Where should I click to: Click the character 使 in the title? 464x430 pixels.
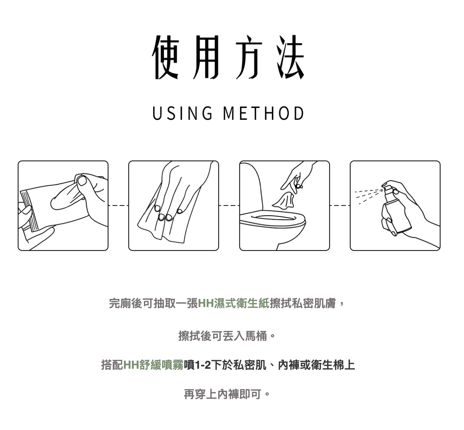pos(166,57)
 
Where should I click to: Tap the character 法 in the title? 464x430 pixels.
pos(290,57)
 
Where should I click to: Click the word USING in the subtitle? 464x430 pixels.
pos(183,113)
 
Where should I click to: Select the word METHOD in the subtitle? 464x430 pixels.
pos(264,113)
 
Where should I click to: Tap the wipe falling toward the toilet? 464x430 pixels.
pos(284,200)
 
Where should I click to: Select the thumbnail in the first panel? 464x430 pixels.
pos(82,181)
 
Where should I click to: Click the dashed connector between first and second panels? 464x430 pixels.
pos(119,205)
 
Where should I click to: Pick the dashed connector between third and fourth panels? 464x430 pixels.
pos(340,205)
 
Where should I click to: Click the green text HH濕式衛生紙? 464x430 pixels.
pos(234,304)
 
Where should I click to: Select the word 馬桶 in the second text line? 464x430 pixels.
pos(256,336)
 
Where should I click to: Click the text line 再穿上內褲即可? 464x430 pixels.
pos(223,395)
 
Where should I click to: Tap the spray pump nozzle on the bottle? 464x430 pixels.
pos(386,186)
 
